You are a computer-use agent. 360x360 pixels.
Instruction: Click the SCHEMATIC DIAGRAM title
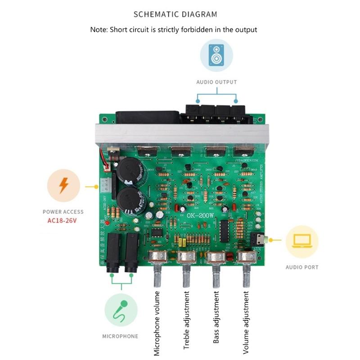tap(175, 14)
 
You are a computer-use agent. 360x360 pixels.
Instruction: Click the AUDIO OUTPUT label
tap(216, 82)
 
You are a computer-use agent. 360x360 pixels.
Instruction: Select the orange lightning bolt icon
tap(63, 185)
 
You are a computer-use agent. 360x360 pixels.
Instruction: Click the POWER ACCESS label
tap(63, 211)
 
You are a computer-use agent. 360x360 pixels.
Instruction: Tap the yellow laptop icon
tap(302, 242)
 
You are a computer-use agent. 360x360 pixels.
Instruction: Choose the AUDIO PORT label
tap(302, 267)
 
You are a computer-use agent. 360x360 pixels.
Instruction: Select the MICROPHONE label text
tap(120, 336)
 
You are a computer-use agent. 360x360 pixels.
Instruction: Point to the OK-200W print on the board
tap(201, 216)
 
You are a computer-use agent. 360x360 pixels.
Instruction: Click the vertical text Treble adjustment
tap(186, 320)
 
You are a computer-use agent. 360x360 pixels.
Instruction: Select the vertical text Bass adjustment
tap(216, 318)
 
